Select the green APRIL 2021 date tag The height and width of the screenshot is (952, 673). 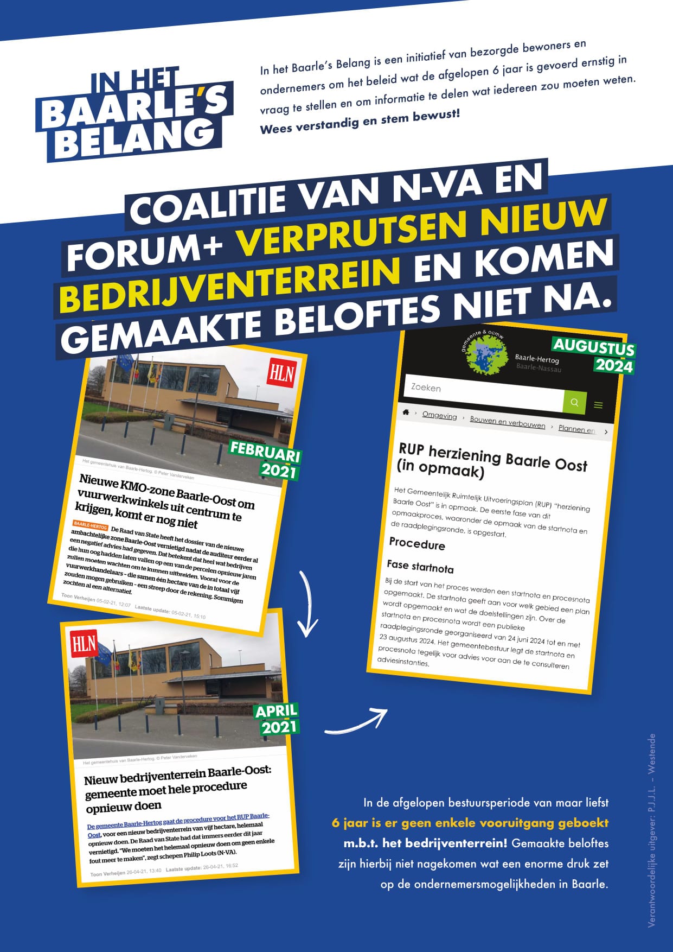[x=277, y=719]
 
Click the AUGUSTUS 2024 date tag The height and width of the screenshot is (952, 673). [x=594, y=356]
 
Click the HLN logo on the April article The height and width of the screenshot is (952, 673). [x=84, y=644]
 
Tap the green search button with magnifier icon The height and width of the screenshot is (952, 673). [x=574, y=402]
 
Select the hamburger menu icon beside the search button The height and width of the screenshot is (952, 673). [x=598, y=405]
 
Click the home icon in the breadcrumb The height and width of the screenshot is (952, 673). [x=405, y=412]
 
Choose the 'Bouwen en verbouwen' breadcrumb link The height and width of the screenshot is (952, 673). [x=508, y=422]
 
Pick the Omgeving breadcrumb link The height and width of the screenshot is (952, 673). [x=439, y=415]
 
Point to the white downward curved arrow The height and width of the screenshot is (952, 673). [x=307, y=603]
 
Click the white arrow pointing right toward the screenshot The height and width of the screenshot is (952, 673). [x=358, y=722]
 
